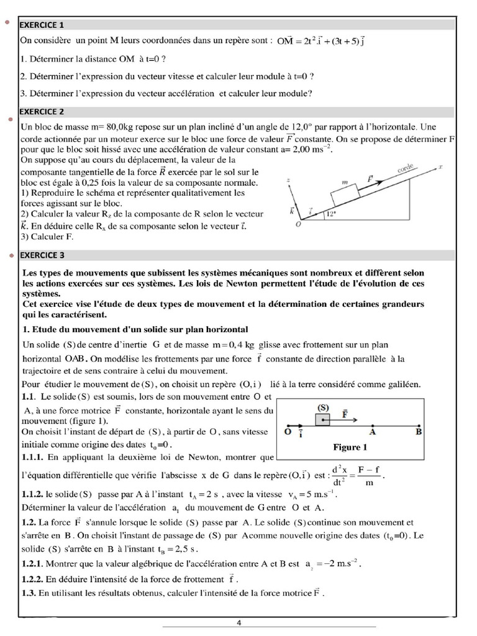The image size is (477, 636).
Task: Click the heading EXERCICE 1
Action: click(42, 25)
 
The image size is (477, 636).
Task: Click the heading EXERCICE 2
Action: click(42, 112)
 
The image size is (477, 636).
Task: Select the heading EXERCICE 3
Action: click(42, 255)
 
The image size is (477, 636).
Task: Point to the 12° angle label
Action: click(332, 216)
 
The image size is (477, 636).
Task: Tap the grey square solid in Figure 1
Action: click(323, 420)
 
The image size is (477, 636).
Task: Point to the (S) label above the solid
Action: click(323, 407)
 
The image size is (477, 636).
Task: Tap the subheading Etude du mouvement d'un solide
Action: click(135, 329)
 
